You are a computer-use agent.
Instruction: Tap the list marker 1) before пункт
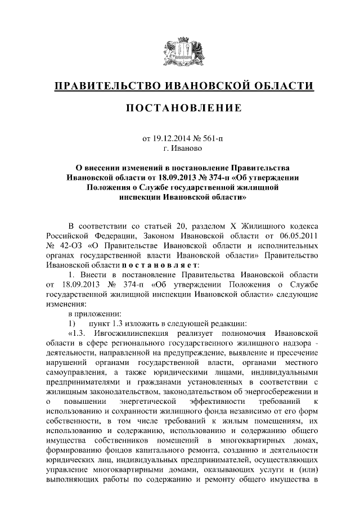pyautogui.click(x=71, y=323)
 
